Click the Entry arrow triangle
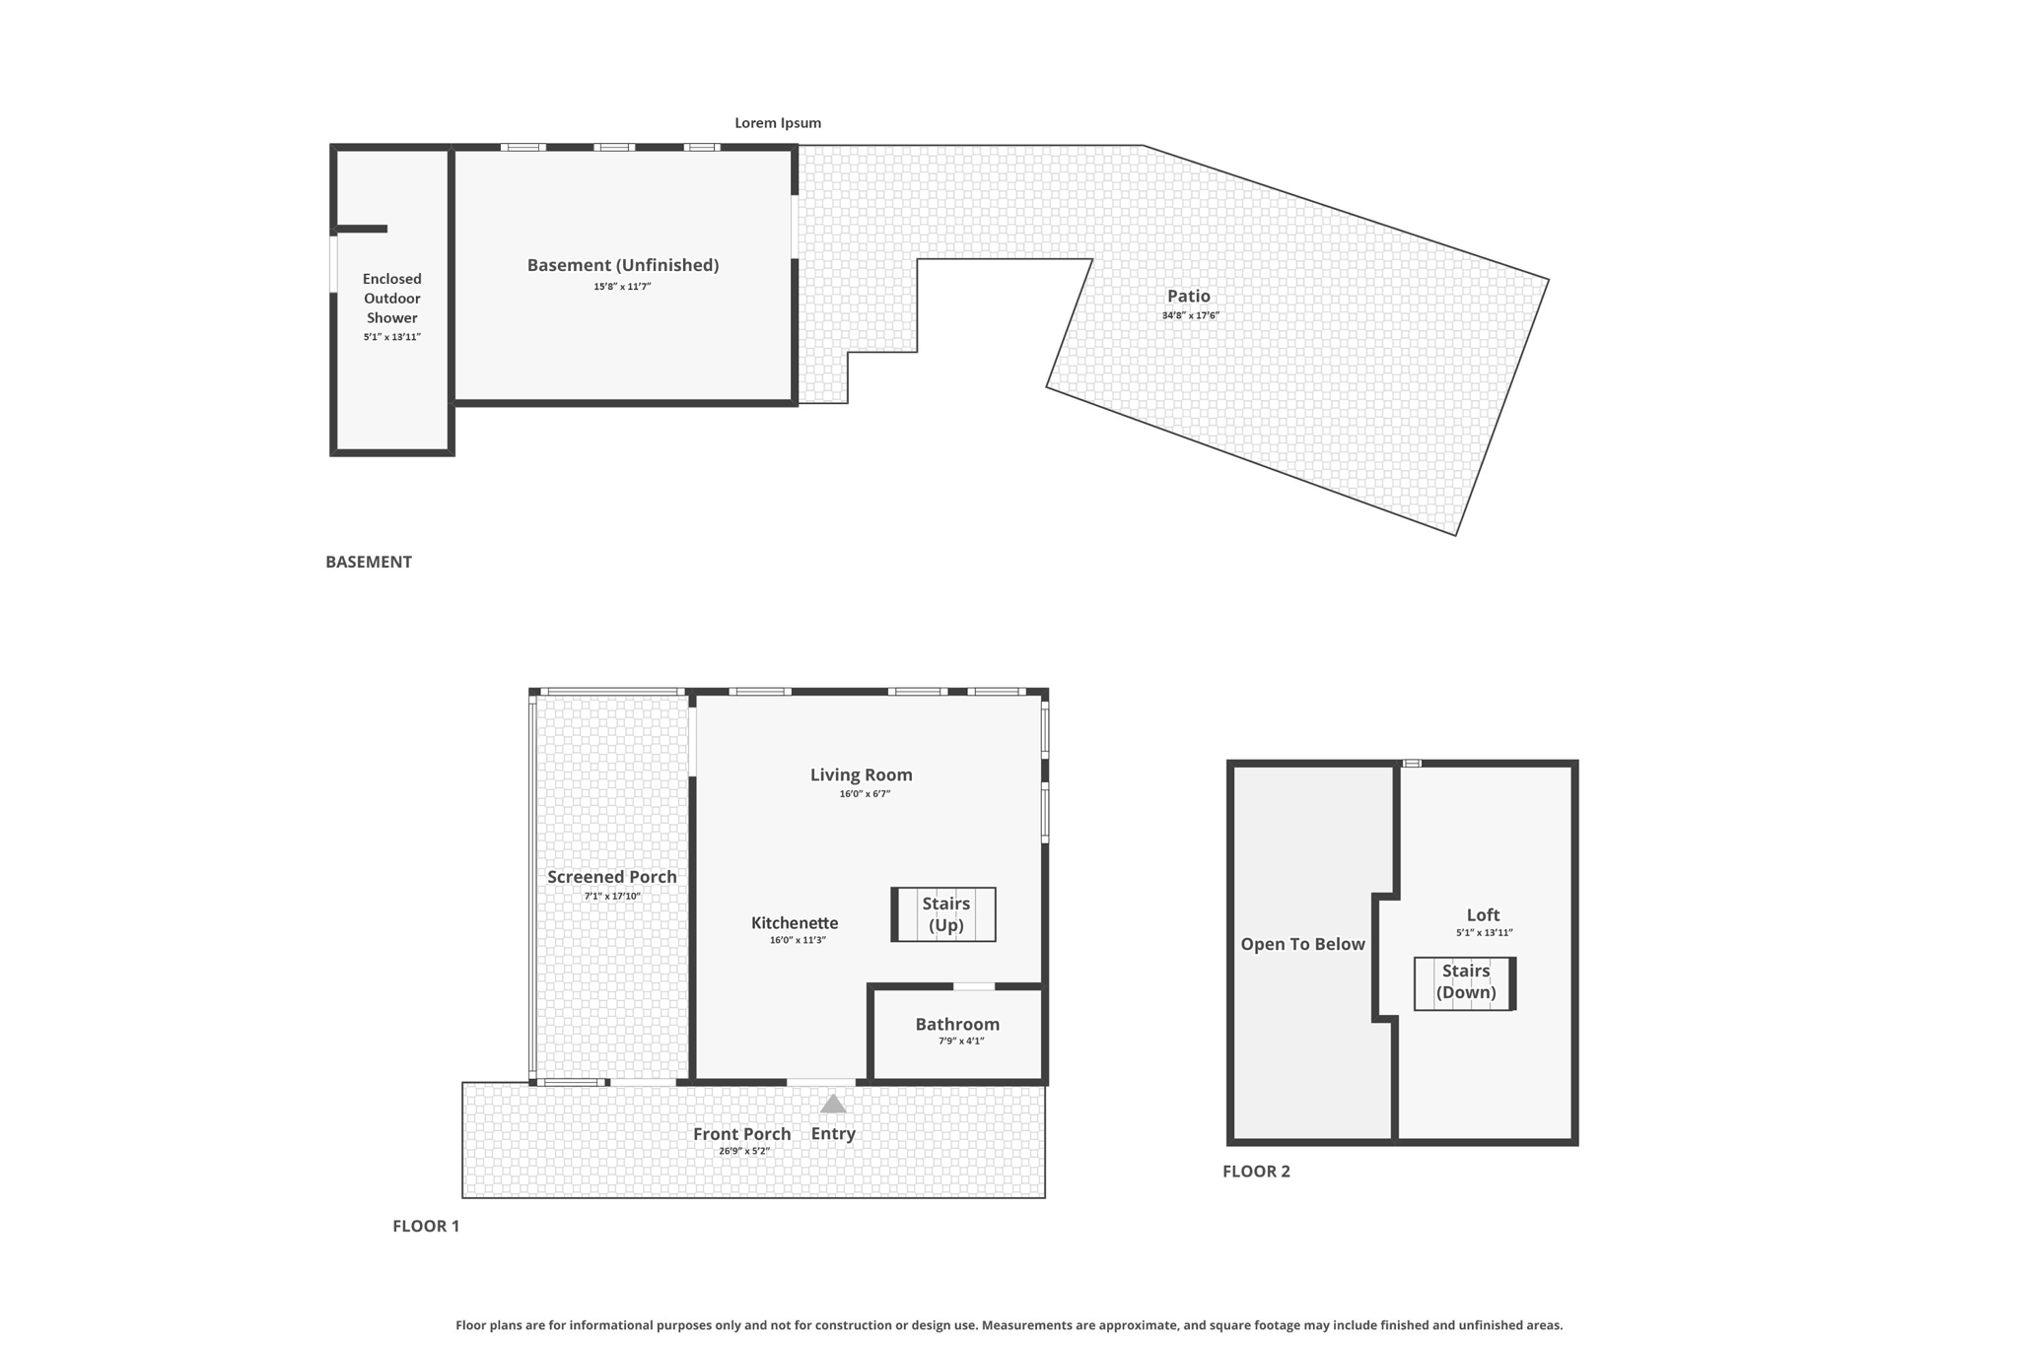pyautogui.click(x=833, y=1104)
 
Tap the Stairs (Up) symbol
pyautogui.click(x=943, y=914)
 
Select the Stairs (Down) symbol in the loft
pyautogui.click(x=1465, y=983)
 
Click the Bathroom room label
pyautogui.click(x=957, y=1024)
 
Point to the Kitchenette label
pyautogui.click(x=795, y=923)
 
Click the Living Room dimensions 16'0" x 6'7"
pyautogui.click(x=865, y=794)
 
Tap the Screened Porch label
pyautogui.click(x=612, y=877)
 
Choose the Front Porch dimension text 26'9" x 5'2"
pyautogui.click(x=744, y=1151)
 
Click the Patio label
pyautogui.click(x=1189, y=296)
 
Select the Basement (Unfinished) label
pyautogui.click(x=623, y=265)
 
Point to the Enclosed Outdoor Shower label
pyautogui.click(x=392, y=299)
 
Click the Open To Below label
pyautogui.click(x=1302, y=944)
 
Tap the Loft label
pyautogui.click(x=1483, y=914)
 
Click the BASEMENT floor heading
pyautogui.click(x=369, y=562)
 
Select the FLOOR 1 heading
pyautogui.click(x=426, y=1226)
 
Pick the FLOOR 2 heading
pyautogui.click(x=1256, y=1171)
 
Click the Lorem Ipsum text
pyautogui.click(x=778, y=123)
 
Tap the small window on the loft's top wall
pyautogui.click(x=1412, y=764)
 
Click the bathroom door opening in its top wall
pyautogui.click(x=974, y=986)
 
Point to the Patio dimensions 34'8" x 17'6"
pyautogui.click(x=1191, y=315)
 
